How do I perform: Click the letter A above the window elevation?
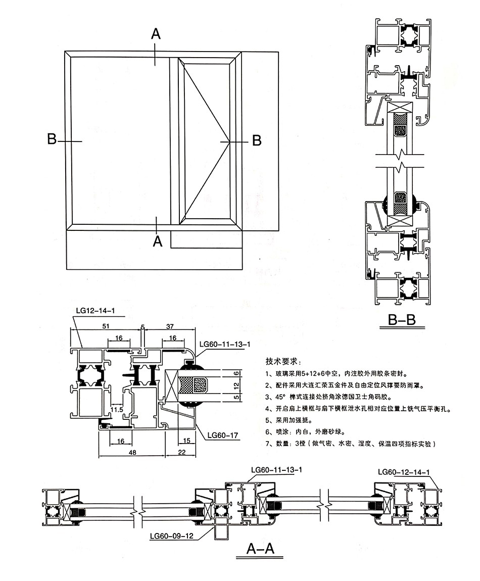pos(156,34)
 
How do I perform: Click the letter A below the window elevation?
pos(158,241)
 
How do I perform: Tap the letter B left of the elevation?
pos(52,139)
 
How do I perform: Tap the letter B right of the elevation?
pos(257,140)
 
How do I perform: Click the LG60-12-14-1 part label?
pos(404,472)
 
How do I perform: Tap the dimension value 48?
pos(132,453)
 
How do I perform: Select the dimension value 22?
pos(181,453)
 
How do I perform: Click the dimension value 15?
pos(187,441)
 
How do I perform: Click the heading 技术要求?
pos(282,362)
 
